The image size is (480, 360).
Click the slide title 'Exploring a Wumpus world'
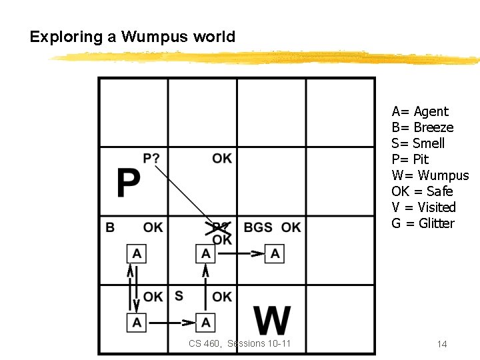133,37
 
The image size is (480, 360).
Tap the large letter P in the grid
129,183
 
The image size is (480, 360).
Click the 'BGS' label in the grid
258,227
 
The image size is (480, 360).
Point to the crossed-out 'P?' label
220,227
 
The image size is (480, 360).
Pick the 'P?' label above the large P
151,159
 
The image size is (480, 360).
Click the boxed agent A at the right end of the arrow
275,253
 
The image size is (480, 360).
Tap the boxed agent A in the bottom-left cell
137,323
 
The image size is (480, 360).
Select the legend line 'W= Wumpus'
430,175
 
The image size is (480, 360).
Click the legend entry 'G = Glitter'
423,223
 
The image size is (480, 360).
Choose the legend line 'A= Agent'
420,111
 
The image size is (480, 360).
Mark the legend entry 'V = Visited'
423,207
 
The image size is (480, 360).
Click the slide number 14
441,344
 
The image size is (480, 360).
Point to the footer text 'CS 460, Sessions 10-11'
239,343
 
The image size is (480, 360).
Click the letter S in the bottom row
179,295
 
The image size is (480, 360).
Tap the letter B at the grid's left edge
110,227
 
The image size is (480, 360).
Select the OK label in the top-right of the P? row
222,158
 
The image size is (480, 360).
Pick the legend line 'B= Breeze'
423,127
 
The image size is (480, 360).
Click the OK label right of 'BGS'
291,227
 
